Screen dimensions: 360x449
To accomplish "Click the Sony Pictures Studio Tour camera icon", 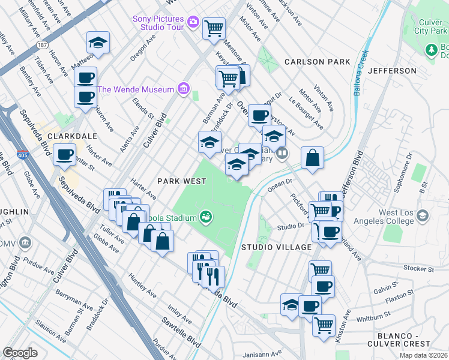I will coord(193,22).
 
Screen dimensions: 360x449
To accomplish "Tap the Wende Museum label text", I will coord(136,90).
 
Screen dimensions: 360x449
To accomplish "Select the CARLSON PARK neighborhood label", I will coord(317,62).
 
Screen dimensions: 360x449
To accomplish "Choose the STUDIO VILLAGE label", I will coord(276,247).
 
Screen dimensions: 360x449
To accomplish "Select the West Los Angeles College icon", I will coord(423,215).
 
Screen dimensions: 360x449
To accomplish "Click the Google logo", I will coord(20,353).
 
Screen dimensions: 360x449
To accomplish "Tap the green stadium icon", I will coord(206,215).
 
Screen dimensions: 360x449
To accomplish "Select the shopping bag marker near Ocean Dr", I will coord(312,158).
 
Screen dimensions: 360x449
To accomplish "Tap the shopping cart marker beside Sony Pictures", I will coord(214,28).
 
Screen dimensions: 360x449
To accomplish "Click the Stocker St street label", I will coord(418,268).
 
